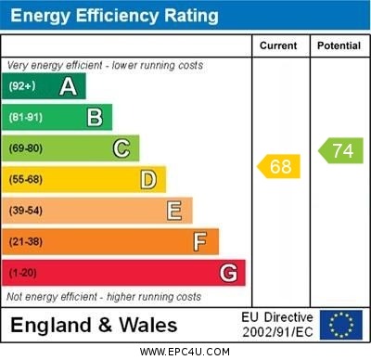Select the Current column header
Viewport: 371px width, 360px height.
pyautogui.click(x=278, y=45)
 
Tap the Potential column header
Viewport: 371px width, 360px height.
pyautogui.click(x=339, y=45)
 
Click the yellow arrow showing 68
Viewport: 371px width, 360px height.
pyautogui.click(x=279, y=167)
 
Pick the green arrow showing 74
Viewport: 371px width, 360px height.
pyautogui.click(x=340, y=151)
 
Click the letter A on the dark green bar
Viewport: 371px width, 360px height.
pyautogui.click(x=68, y=86)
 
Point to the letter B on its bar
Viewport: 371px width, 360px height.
pyautogui.click(x=95, y=117)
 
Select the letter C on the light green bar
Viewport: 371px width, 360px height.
pyautogui.click(x=122, y=148)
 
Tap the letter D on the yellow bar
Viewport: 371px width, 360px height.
pyautogui.click(x=148, y=179)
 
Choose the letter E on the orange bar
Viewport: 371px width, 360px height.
pyautogui.click(x=174, y=211)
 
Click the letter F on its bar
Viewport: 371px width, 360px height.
pyautogui.click(x=200, y=242)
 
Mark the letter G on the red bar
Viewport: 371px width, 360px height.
pyautogui.click(x=228, y=274)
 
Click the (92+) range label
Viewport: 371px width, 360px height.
pyautogui.click(x=24, y=86)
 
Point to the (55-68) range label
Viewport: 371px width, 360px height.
pyautogui.click(x=27, y=179)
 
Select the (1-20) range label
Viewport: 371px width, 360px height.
pyautogui.click(x=23, y=274)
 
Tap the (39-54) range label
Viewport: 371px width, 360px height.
pyautogui.click(x=27, y=211)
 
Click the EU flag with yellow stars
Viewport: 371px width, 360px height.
pyautogui.click(x=341, y=325)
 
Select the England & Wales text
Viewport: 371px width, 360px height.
pyautogui.click(x=95, y=326)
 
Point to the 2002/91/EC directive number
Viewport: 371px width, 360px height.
pyautogui.click(x=277, y=331)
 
